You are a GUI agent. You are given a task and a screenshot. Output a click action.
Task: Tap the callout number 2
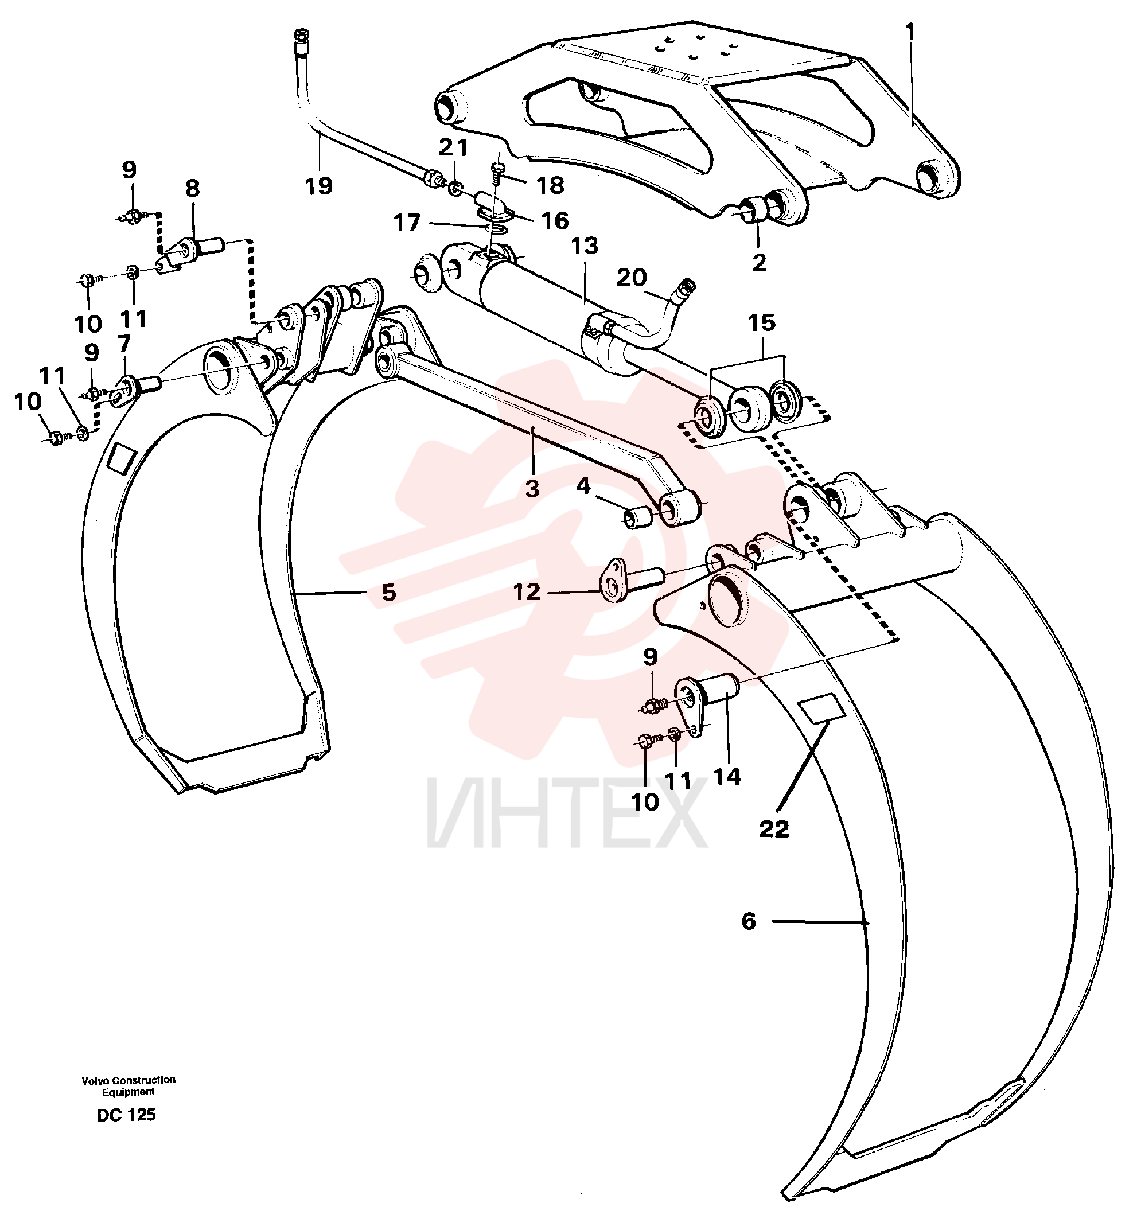(760, 263)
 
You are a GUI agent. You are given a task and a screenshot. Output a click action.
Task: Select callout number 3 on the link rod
(532, 488)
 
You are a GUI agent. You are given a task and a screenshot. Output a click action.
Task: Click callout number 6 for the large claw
(388, 592)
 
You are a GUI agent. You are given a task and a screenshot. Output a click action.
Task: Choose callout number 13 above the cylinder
(749, 921)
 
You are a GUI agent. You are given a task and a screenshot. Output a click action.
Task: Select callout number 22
(774, 829)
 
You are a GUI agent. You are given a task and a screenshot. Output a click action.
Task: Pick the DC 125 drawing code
(126, 1115)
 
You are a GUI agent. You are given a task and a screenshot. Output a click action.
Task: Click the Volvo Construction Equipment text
(129, 1085)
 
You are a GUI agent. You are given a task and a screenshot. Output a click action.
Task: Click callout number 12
(526, 591)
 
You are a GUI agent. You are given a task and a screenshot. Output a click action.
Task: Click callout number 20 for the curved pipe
(632, 278)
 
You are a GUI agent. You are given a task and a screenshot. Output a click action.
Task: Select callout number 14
(727, 777)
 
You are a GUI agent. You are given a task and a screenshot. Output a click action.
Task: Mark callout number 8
(192, 189)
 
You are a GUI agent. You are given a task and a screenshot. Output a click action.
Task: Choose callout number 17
(407, 223)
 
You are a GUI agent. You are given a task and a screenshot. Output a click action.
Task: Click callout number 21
(453, 147)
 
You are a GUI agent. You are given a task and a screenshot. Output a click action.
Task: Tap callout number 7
(124, 344)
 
